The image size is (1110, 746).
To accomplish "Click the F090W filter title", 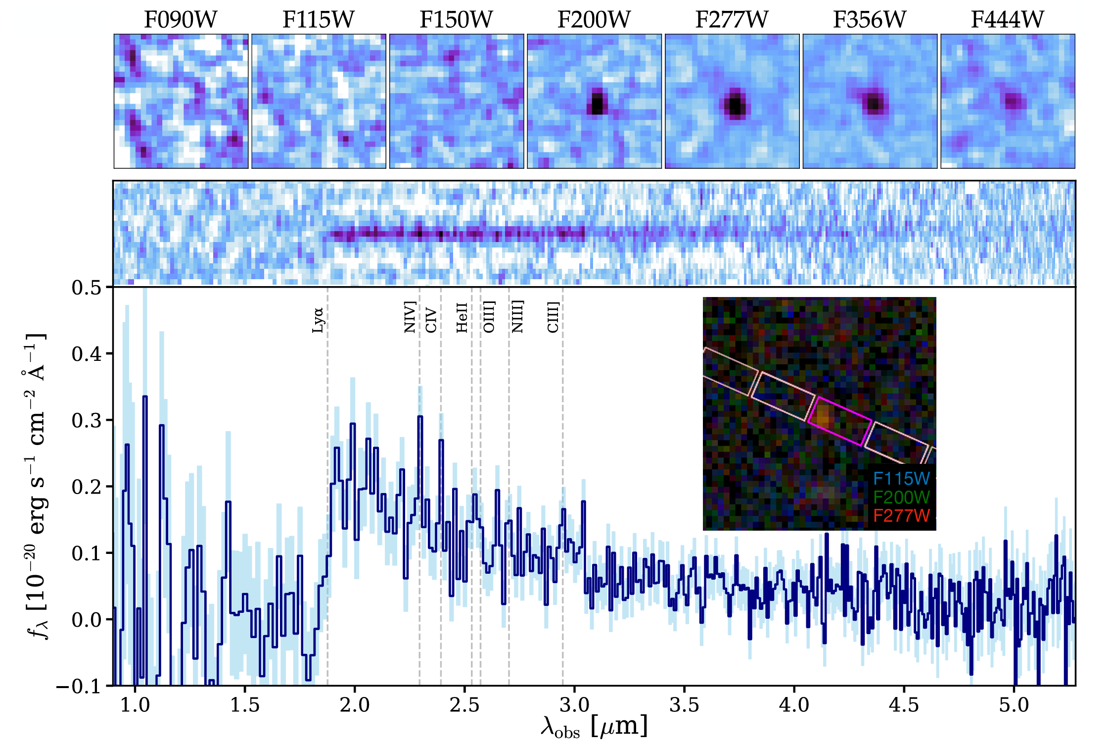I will click(181, 20).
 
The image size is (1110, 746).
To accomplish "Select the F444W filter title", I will click(1007, 20).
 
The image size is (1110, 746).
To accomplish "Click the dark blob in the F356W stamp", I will click(874, 103).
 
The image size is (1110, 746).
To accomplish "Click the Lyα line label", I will click(318, 320).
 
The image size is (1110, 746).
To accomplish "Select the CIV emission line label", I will click(431, 320).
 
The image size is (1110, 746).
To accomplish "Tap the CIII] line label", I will click(553, 317).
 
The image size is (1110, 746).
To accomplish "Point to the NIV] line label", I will click(410, 317).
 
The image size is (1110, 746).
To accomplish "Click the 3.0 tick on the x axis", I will click(574, 704).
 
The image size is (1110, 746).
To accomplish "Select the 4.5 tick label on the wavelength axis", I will click(904, 704).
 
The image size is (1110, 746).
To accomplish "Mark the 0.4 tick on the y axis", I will click(86, 354).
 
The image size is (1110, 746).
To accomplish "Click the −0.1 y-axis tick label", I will click(79, 687).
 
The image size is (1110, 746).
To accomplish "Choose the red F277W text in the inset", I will click(901, 516).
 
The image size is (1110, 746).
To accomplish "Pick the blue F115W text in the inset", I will click(901, 479).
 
